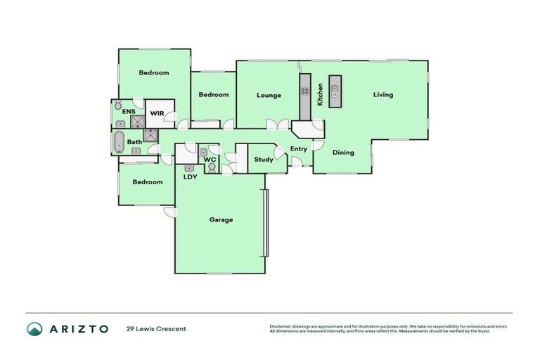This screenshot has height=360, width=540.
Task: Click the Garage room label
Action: point(221,219)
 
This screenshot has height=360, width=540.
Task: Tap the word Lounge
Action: point(269,96)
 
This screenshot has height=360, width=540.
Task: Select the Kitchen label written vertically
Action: point(321,94)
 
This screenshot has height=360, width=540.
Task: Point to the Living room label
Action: point(383,95)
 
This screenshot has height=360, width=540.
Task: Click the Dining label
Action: point(343,153)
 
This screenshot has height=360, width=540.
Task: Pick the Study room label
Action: point(264,160)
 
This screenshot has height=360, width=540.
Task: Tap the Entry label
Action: point(298,148)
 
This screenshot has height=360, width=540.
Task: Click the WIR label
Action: point(156,112)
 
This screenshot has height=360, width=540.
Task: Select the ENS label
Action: point(128,111)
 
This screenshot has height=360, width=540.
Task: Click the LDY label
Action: point(190,176)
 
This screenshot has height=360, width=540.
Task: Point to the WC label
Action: point(210,160)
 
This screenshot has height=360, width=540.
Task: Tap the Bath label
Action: point(134,142)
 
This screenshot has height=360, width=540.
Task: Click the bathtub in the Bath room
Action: point(118,142)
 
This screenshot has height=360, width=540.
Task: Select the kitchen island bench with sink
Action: point(335,91)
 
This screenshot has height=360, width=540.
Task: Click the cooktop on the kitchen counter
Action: point(305,91)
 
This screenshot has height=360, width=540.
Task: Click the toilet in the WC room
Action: point(210,168)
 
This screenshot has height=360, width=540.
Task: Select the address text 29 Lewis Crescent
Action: point(156,328)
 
